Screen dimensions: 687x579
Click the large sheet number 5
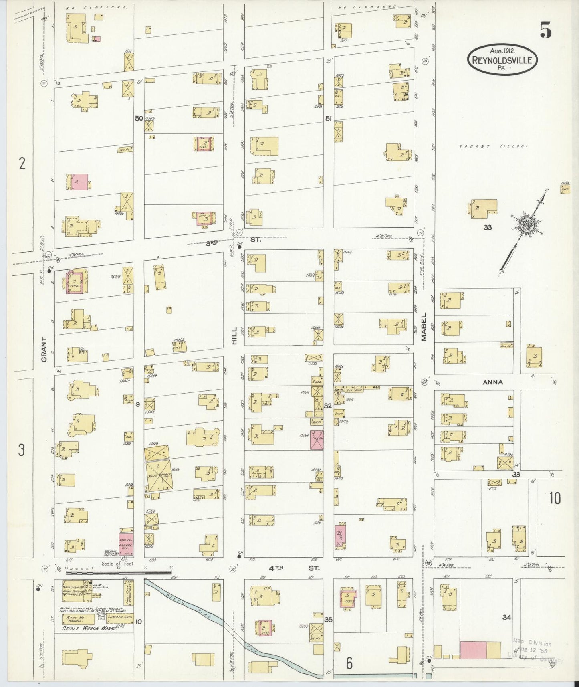click(545, 30)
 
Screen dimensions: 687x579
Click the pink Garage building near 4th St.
click(126, 544)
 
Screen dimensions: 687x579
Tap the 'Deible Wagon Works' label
click(89, 628)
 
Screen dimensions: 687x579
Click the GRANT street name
click(44, 349)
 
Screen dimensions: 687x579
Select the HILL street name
click(234, 335)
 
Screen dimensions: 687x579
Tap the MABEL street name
click(424, 332)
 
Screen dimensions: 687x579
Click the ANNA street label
click(492, 382)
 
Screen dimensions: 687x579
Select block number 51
click(328, 119)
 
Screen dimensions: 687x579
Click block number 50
click(139, 119)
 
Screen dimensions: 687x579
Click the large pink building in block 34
click(473, 649)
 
